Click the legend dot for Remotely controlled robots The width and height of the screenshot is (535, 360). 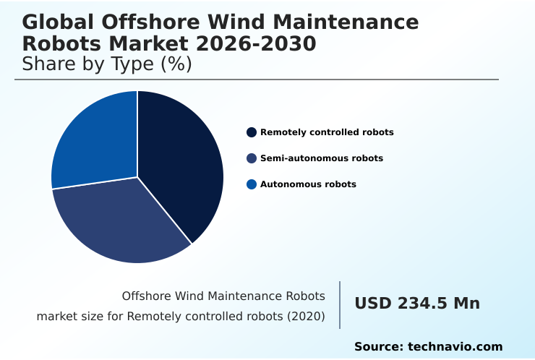coord(252,132)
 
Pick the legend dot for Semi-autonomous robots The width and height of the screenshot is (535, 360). coord(252,158)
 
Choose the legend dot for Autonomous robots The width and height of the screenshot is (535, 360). coord(252,184)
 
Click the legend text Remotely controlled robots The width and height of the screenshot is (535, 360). coord(327,132)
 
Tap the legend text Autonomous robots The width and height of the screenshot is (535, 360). coord(308,184)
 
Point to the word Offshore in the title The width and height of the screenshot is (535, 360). coord(145,22)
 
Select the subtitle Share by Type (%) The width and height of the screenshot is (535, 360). coord(107,64)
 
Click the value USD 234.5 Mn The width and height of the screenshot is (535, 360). coord(417,304)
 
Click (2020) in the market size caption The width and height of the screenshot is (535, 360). coord(308,317)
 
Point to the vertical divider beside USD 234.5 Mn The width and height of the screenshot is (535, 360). coord(340,304)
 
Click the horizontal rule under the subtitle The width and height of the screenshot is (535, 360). coord(257,80)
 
